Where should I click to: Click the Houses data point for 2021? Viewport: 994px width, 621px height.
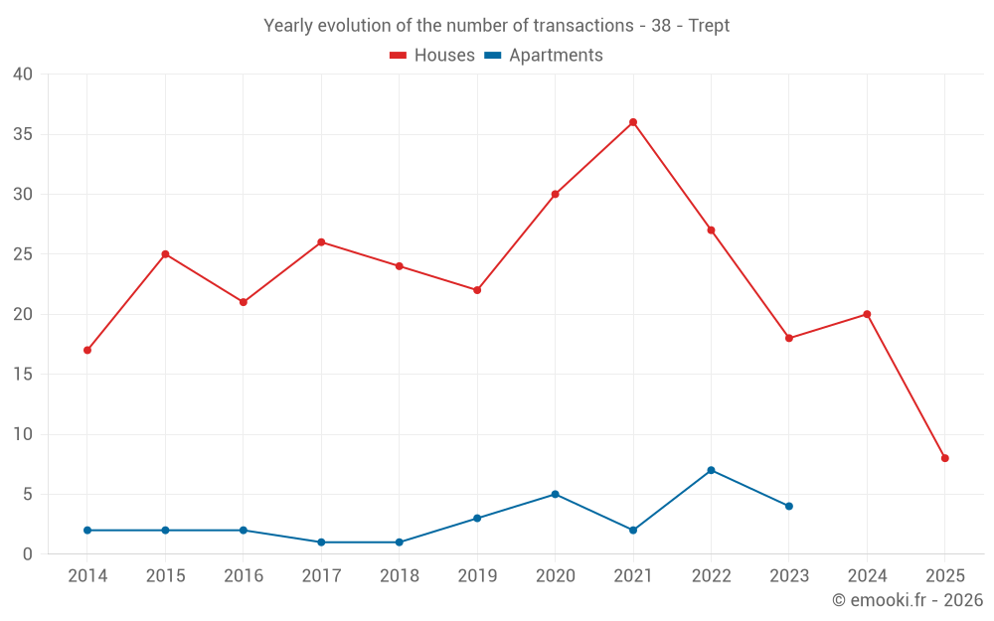pos(632,122)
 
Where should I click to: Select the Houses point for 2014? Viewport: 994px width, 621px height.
pos(87,350)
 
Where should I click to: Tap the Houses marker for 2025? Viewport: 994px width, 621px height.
pos(944,458)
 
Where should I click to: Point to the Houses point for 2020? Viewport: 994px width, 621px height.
pos(555,194)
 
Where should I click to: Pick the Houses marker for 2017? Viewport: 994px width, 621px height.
pos(321,242)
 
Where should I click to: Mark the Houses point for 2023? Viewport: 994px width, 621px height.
pos(788,338)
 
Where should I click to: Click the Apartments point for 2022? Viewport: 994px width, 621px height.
pos(711,470)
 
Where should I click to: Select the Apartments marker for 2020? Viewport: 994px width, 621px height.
pos(555,494)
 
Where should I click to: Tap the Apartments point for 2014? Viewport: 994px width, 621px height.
pos(87,530)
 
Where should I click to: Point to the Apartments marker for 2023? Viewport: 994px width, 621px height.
pos(788,506)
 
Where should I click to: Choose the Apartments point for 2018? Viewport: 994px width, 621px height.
pos(399,542)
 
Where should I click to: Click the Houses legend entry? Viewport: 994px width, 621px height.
pos(432,56)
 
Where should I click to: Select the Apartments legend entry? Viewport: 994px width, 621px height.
pos(544,56)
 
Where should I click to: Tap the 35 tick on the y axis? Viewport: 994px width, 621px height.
pos(23,134)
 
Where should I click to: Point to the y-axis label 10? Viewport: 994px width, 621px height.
pos(23,434)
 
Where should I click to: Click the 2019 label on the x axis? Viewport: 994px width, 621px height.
pos(477,576)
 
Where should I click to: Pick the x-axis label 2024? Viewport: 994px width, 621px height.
pos(867,576)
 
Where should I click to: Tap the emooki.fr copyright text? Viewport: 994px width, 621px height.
pos(908,600)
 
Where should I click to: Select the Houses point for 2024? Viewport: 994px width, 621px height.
pos(867,314)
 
